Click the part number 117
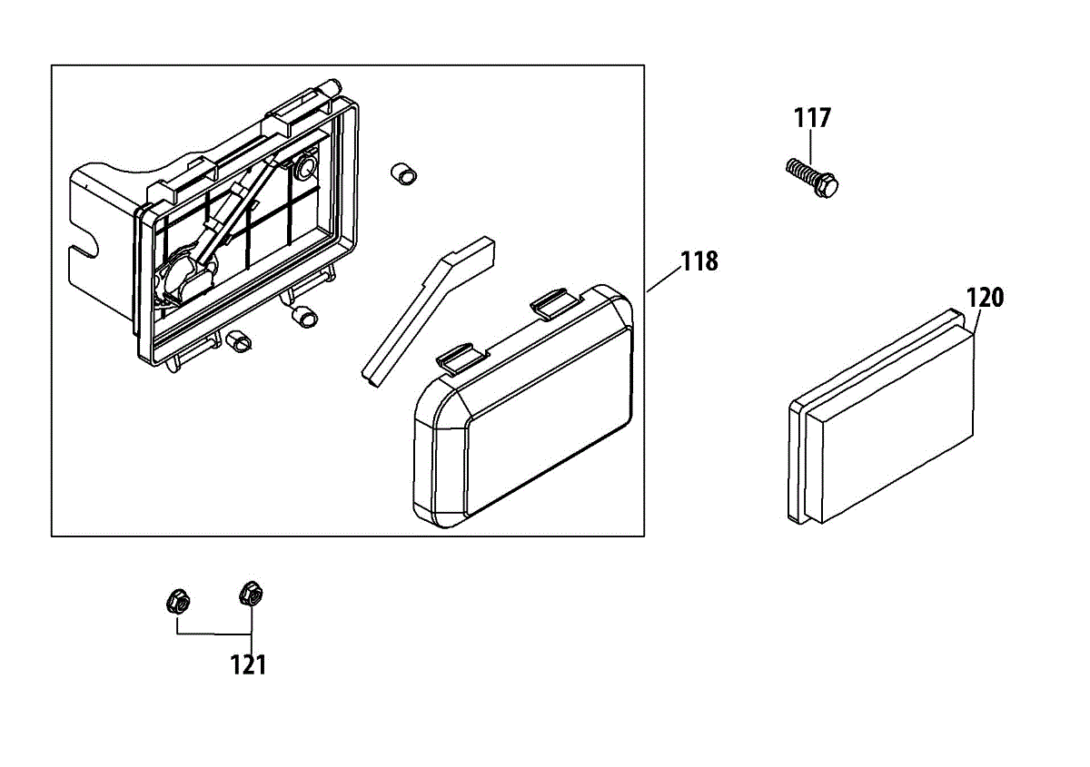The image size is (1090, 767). click(812, 118)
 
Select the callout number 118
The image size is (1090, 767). click(699, 261)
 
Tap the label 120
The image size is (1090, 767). click(985, 298)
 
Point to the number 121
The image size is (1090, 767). click(248, 664)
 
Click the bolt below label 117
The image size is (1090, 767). click(810, 175)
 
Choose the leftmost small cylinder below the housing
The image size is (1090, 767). click(240, 339)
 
